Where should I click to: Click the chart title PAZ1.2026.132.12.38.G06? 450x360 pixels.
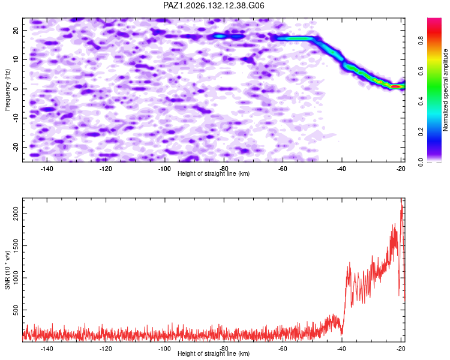click(x=214, y=5)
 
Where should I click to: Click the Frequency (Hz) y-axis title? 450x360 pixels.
click(x=7, y=90)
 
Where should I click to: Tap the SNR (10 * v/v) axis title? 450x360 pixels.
click(x=7, y=271)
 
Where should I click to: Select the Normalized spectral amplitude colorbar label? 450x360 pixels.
click(x=445, y=90)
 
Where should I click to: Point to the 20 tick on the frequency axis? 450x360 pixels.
click(x=16, y=31)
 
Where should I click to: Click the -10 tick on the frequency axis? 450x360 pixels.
click(x=16, y=118)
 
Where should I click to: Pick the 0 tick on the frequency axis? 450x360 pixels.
click(x=16, y=89)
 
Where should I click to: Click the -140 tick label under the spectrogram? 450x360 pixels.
click(x=47, y=169)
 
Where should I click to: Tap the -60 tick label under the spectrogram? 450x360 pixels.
click(x=283, y=169)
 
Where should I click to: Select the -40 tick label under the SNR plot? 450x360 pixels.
click(x=341, y=349)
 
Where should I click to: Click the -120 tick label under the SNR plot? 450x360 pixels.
click(x=106, y=349)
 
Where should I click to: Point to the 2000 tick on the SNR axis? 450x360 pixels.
click(x=16, y=214)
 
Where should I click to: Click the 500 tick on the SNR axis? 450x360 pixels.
click(x=16, y=310)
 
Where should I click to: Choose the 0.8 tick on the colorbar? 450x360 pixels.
click(x=421, y=40)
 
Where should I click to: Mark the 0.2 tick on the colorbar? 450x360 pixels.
click(x=421, y=131)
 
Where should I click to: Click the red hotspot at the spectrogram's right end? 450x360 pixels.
click(x=396, y=86)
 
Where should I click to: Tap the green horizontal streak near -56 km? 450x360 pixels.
click(x=296, y=38)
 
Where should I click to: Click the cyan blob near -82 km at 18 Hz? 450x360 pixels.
click(x=219, y=36)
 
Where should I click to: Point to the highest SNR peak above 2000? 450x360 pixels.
click(x=401, y=199)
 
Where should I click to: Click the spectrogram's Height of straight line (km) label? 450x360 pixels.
click(x=214, y=173)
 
